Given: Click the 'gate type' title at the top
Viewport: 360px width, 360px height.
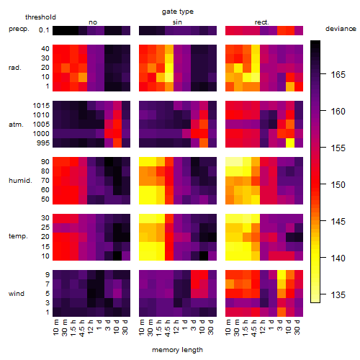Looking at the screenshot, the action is (178, 12).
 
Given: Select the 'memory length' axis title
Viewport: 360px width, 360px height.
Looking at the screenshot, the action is (177, 350).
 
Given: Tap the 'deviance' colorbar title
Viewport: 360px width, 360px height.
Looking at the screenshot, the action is (341, 29).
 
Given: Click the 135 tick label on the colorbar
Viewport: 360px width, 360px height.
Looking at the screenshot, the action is (338, 294).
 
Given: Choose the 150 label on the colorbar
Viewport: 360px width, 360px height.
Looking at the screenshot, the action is (338, 185).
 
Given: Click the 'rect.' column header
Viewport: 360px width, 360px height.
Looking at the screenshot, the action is (262, 22).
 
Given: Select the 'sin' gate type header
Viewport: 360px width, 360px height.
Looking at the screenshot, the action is (177, 22).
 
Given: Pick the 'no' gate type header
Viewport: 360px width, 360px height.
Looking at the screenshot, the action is (93, 22).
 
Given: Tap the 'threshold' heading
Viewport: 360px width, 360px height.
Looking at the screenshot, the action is (40, 17).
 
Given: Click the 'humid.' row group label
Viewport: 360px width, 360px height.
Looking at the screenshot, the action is (20, 181).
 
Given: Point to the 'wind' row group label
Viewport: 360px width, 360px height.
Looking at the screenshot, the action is (17, 294).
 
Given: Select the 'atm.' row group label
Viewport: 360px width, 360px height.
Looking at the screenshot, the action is (16, 125).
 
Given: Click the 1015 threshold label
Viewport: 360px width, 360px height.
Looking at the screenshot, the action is (41, 106).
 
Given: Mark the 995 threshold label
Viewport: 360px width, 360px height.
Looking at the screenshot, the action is (43, 143).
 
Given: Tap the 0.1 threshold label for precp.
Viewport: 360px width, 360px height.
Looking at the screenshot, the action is (44, 30).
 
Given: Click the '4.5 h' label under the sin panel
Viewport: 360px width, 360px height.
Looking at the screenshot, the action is (168, 328).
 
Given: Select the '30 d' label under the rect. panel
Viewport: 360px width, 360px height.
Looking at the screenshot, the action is (297, 327).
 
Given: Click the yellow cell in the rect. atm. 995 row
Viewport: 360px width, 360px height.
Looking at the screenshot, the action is (290, 143).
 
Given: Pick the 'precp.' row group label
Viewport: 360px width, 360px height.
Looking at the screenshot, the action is (19, 29).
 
